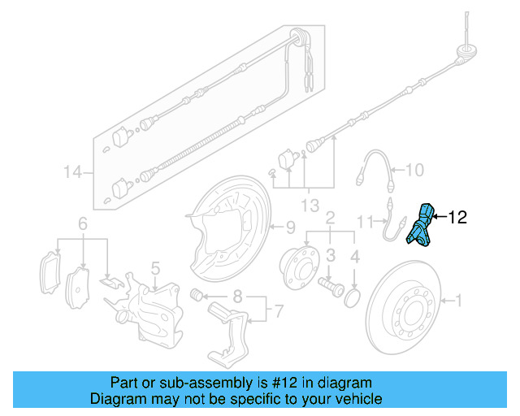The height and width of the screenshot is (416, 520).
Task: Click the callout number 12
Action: (457, 217)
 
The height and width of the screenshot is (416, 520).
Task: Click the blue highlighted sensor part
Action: (421, 226)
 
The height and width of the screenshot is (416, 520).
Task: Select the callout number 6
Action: (82, 223)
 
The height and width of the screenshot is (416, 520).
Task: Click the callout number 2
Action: (331, 218)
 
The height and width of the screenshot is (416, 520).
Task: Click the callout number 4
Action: (354, 258)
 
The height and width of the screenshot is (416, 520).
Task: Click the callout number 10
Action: (414, 171)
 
